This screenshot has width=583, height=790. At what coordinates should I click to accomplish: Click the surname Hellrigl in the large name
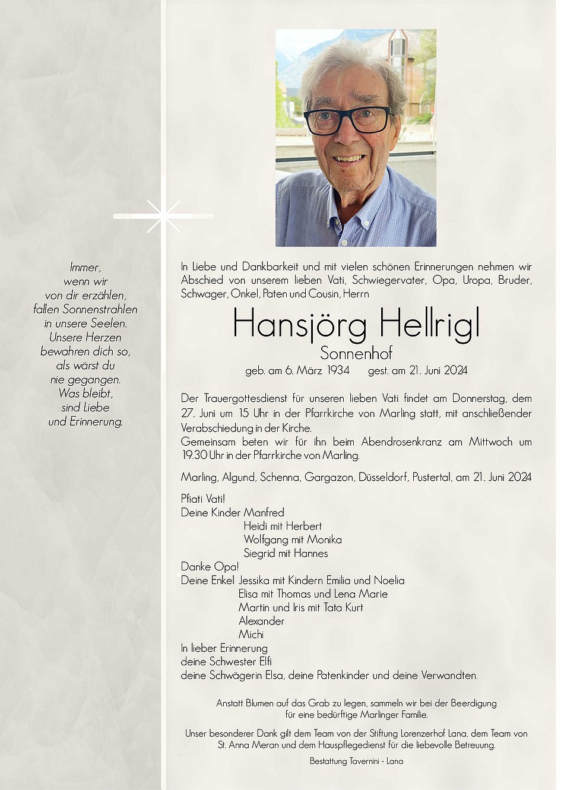pyautogui.click(x=429, y=324)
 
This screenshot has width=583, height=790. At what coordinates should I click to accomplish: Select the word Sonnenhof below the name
pyautogui.click(x=356, y=353)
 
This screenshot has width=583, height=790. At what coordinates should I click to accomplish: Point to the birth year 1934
pyautogui.click(x=338, y=370)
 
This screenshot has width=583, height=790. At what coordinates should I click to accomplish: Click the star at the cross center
pyautogui.click(x=163, y=216)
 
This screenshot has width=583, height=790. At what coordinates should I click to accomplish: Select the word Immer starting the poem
pyautogui.click(x=85, y=267)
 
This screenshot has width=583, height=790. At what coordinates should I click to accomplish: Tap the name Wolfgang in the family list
pyautogui.click(x=266, y=540)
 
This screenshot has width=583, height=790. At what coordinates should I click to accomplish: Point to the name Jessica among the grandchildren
pyautogui.click(x=254, y=580)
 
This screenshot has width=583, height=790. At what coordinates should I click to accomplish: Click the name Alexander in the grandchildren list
pyautogui.click(x=261, y=621)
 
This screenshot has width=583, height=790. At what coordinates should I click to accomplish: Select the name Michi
pyautogui.click(x=251, y=634)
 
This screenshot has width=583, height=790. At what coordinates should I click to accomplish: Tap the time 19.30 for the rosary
pyautogui.click(x=194, y=455)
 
